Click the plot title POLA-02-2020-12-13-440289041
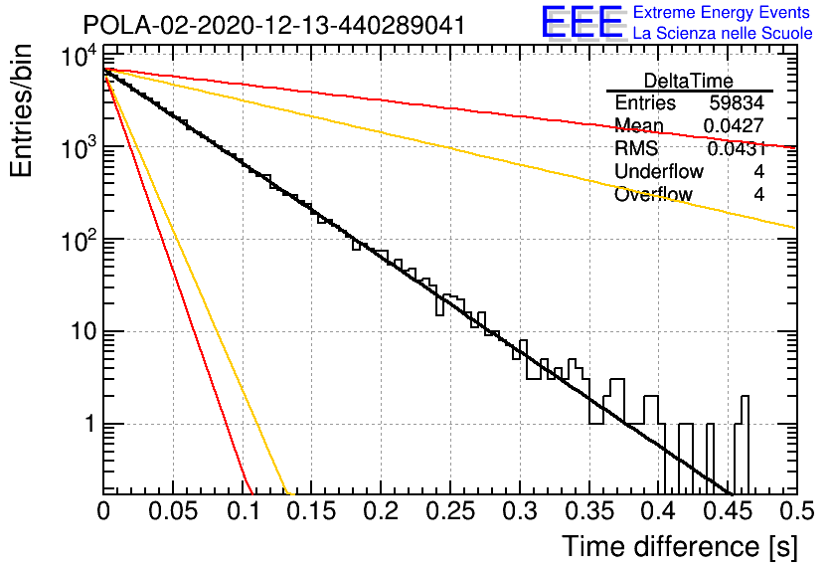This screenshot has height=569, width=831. click(274, 25)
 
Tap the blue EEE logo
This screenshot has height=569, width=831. click(582, 22)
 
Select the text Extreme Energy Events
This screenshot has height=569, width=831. click(722, 12)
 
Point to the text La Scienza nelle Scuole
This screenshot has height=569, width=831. click(723, 34)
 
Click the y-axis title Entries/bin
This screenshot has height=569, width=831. click(21, 110)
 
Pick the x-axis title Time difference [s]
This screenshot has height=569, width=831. click(680, 547)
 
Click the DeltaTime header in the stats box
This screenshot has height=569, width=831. click(688, 81)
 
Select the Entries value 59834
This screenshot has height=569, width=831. click(737, 102)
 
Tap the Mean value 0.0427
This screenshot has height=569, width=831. click(734, 125)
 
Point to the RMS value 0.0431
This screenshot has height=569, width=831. click(736, 149)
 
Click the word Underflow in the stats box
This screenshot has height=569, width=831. click(659, 171)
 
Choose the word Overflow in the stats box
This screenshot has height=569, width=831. click(653, 195)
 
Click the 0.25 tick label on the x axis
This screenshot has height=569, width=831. click(450, 511)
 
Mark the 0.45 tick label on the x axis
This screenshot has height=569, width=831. click(728, 511)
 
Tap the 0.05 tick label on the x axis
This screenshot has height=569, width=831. click(173, 511)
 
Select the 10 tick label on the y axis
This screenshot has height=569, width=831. click(83, 332)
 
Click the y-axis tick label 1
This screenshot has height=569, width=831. click(90, 424)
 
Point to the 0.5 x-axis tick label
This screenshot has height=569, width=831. click(797, 511)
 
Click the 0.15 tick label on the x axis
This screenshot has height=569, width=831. click(312, 511)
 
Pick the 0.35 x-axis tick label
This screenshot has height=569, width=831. click(588, 511)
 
